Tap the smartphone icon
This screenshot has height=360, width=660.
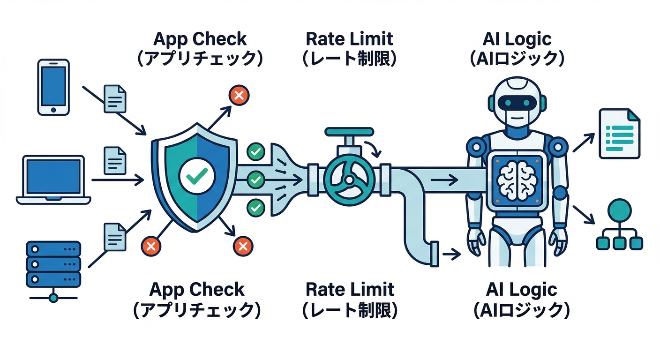[x=53, y=87]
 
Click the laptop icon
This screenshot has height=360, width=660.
[x=53, y=180]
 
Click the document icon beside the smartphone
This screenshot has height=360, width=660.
[x=115, y=98]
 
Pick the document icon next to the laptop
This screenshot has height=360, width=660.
[x=115, y=160]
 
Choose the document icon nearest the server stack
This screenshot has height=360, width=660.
[x=115, y=236]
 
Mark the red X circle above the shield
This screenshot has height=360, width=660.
[x=239, y=96]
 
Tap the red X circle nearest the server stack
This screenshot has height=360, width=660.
[x=151, y=246]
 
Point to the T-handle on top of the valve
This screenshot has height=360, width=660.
[x=347, y=134]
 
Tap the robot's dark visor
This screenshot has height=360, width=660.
[x=516, y=102]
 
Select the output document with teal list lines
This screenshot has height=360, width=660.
[x=619, y=133]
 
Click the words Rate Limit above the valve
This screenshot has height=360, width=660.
[x=349, y=39]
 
